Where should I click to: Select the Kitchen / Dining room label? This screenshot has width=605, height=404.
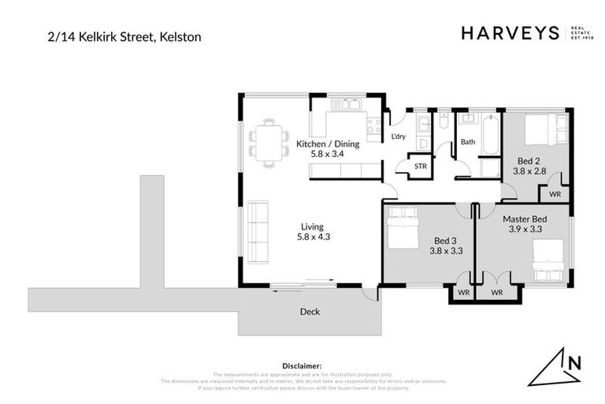tap(327, 144)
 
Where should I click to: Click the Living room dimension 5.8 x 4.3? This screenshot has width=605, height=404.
tap(313, 236)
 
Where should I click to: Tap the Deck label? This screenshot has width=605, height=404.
tap(310, 312)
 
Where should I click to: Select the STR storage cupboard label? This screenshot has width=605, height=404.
tap(421, 166)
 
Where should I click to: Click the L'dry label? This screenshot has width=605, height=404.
tap(399, 137)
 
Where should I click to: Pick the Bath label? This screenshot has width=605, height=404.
tap(468, 142)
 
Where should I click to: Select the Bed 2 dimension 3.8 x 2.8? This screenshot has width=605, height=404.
tap(529, 170)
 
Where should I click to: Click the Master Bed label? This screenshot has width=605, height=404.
tap(524, 218)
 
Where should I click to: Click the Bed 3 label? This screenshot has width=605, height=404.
tap(447, 241)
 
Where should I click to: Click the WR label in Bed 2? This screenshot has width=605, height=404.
tap(555, 193)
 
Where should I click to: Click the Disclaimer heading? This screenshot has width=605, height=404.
tap(302, 365)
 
